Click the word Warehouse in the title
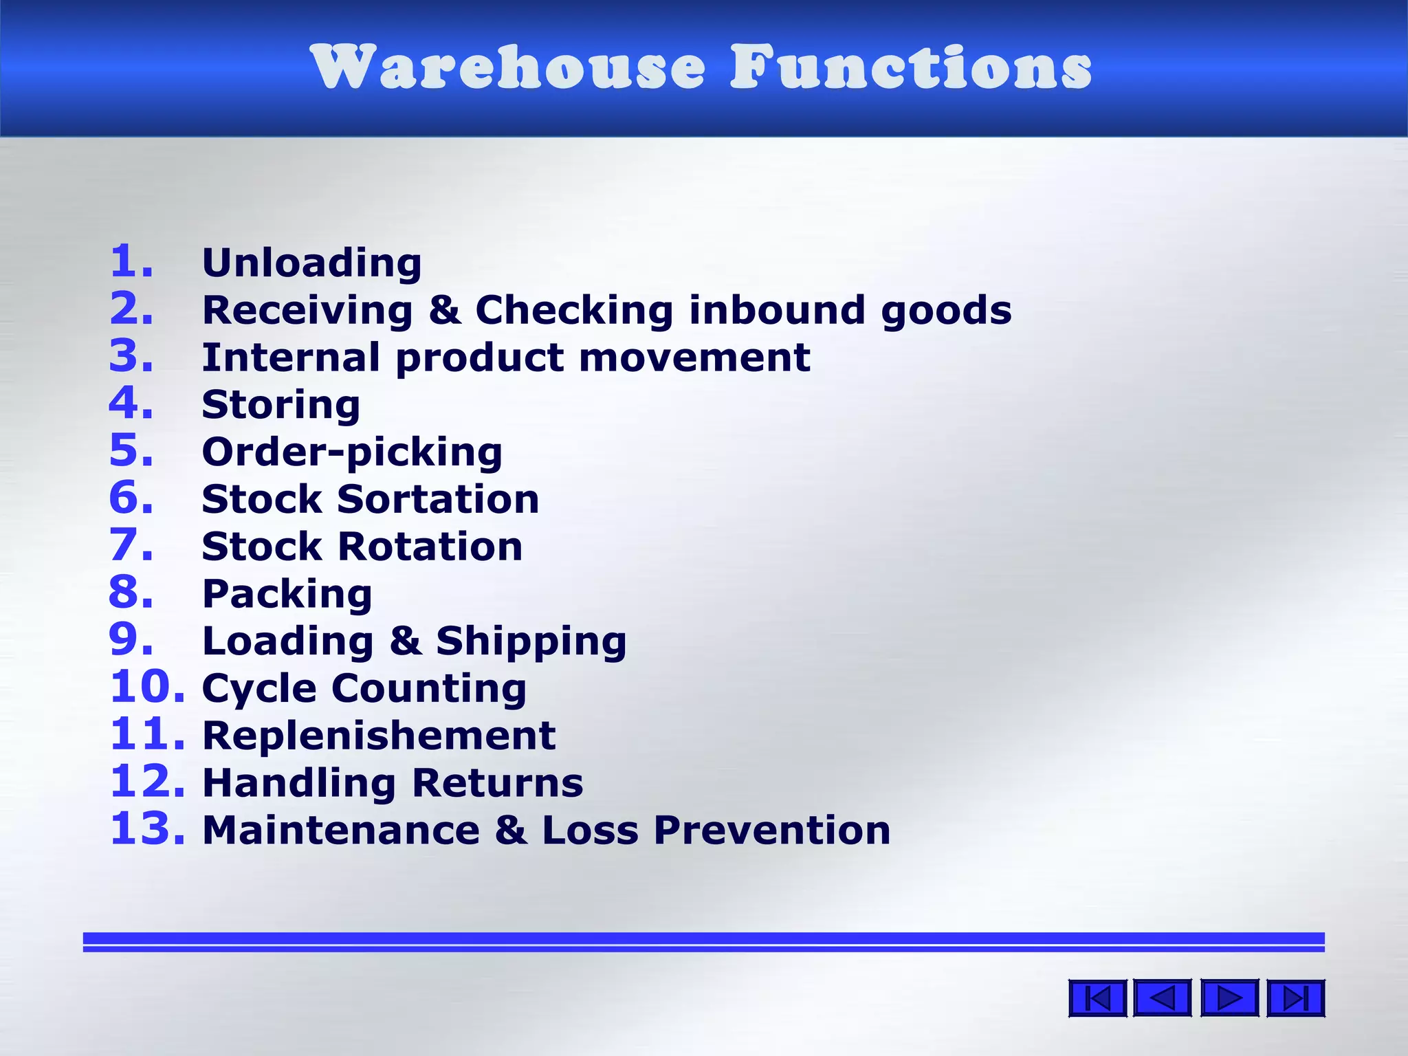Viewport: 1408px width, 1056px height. pos(507,67)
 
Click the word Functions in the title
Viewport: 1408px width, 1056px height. pos(911,67)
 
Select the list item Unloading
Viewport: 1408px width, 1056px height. pos(311,263)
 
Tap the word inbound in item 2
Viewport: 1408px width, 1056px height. pos(777,310)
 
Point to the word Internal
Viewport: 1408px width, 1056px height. pos(291,357)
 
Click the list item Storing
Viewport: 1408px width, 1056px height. pos(280,405)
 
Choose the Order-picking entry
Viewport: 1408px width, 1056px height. pos(352,453)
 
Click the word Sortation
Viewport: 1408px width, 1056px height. pos(438,499)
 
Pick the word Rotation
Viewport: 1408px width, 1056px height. pos(430,547)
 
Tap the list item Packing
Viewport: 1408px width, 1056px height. pos(287,594)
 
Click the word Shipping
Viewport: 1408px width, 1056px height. pos(531,642)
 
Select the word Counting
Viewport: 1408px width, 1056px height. pos(429,689)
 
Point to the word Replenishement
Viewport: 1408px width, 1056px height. pos(379,736)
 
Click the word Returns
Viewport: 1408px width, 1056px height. pos(497,783)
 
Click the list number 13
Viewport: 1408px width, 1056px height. pos(147,829)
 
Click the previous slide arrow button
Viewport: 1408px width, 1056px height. pos(1162,998)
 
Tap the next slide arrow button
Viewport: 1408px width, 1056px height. pos(1229,998)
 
